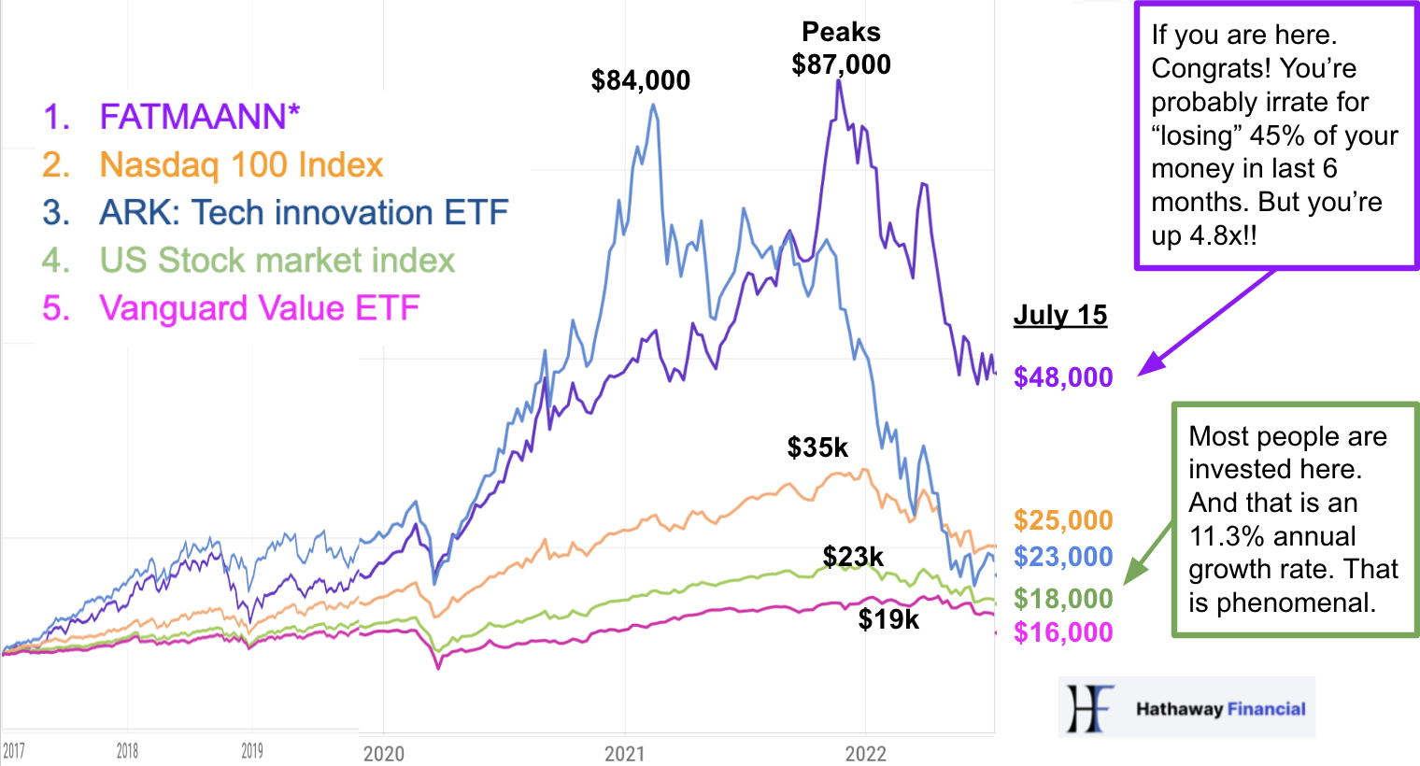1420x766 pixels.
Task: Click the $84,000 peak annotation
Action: point(641,80)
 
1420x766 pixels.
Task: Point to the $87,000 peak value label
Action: point(841,64)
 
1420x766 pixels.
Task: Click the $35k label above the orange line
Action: point(817,447)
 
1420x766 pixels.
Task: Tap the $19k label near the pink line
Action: point(888,618)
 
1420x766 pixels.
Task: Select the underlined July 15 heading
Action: point(1060,315)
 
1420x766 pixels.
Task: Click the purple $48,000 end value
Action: point(1063,377)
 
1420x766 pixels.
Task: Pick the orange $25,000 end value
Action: point(1063,520)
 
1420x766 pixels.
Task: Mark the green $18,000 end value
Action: point(1063,599)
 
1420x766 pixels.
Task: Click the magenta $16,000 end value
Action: point(1063,632)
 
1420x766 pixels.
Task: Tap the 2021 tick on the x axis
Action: point(624,754)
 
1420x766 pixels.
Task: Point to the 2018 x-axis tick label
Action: point(127,751)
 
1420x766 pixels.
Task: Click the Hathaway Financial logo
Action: point(1186,708)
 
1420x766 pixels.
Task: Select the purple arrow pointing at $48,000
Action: point(1205,323)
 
